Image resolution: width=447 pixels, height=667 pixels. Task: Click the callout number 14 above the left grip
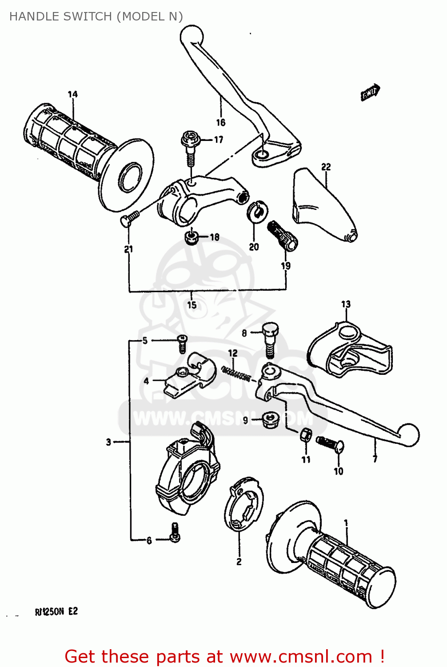pyautogui.click(x=72, y=94)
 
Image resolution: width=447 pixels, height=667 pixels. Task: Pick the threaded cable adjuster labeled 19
pyautogui.click(x=282, y=236)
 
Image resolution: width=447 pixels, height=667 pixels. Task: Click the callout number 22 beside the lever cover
pyautogui.click(x=326, y=167)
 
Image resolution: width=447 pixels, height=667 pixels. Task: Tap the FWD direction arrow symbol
pyautogui.click(x=370, y=92)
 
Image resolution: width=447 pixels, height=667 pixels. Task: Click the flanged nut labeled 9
pyautogui.click(x=270, y=419)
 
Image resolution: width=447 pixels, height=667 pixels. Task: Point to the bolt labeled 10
pyautogui.click(x=330, y=443)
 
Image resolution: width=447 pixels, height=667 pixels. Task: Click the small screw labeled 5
pyautogui.click(x=182, y=344)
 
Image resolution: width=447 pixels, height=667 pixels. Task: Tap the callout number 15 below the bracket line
pyautogui.click(x=192, y=305)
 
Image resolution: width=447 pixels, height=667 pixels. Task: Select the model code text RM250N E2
pyautogui.click(x=56, y=611)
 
